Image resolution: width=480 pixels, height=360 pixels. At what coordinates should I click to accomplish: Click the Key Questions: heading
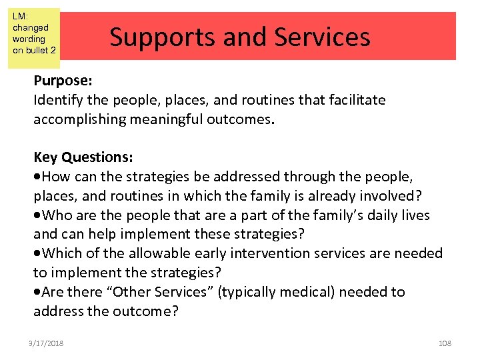tap(83, 157)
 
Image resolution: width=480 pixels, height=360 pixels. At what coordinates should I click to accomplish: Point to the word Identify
tap(57, 100)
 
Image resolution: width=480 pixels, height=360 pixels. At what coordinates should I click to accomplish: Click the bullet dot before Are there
tap(37, 293)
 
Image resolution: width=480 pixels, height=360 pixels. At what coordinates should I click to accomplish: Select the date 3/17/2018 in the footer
tap(47, 343)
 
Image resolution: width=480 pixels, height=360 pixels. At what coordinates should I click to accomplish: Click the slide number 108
tap(445, 343)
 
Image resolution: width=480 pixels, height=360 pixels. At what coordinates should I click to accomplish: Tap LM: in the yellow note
tap(19, 15)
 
